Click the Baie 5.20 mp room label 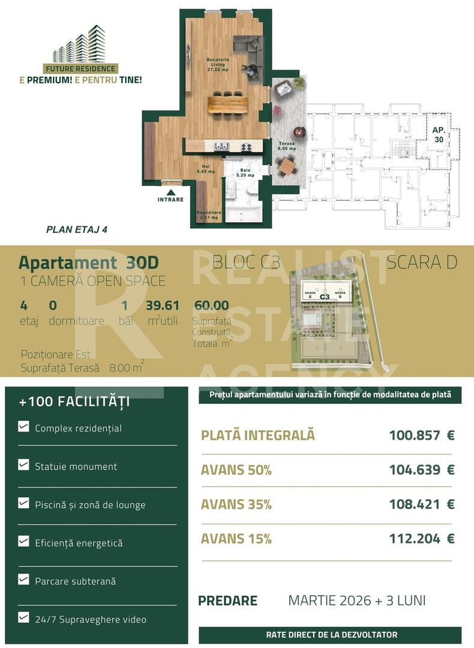tap(246, 173)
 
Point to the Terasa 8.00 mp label tap(286, 146)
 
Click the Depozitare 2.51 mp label tap(208, 215)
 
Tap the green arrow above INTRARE tap(170, 188)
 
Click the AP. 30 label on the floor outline tap(438, 134)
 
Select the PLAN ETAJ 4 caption tap(77, 229)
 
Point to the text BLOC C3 tap(247, 262)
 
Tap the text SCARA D tap(422, 262)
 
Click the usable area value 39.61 tap(163, 306)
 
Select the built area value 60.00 tap(211, 306)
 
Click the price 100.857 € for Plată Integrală tap(421, 435)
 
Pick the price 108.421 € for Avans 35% tap(421, 504)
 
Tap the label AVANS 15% tap(236, 539)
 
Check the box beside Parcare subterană tap(24, 580)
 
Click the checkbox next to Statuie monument tap(24, 464)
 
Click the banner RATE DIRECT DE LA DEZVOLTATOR tap(331, 635)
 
